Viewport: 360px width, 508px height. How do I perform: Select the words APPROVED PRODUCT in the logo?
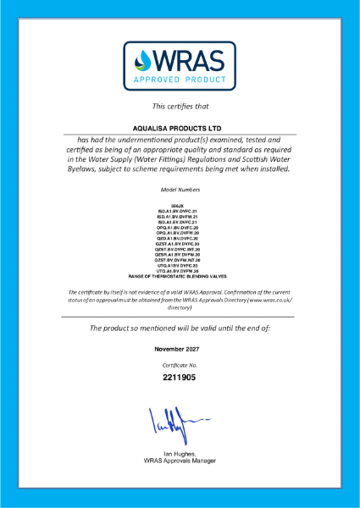[179, 82]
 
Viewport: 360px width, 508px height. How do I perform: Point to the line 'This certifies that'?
[179, 106]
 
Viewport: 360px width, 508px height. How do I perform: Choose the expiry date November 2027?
[179, 349]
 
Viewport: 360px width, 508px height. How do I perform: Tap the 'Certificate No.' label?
[179, 364]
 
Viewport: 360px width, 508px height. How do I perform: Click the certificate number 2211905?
[179, 378]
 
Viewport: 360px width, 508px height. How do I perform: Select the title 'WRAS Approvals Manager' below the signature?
[179, 461]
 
